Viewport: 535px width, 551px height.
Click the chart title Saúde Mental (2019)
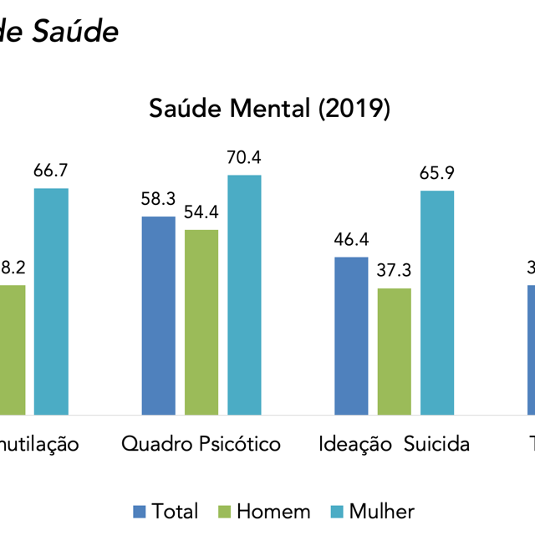pyautogui.click(x=269, y=109)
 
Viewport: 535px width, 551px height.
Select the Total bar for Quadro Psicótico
pyautogui.click(x=159, y=315)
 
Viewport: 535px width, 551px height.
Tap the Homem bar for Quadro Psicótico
pyautogui.click(x=201, y=322)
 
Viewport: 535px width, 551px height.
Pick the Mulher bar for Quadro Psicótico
pyautogui.click(x=244, y=294)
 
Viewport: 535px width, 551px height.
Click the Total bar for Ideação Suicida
pyautogui.click(x=351, y=335)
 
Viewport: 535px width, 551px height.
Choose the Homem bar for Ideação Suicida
pyautogui.click(x=394, y=351)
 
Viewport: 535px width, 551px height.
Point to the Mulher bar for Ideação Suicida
pyautogui.click(x=437, y=303)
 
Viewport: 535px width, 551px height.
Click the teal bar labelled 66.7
pyautogui.click(x=51, y=301)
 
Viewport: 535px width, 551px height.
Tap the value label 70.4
pyautogui.click(x=244, y=157)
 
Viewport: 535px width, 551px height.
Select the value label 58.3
pyautogui.click(x=158, y=199)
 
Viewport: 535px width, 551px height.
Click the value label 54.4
pyautogui.click(x=201, y=212)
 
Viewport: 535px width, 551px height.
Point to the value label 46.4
pyautogui.click(x=351, y=240)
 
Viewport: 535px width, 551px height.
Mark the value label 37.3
pyautogui.click(x=394, y=271)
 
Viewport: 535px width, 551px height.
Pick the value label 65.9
pyautogui.click(x=437, y=174)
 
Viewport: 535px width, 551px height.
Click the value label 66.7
pyautogui.click(x=51, y=171)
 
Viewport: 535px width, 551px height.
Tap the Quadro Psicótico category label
pyautogui.click(x=201, y=443)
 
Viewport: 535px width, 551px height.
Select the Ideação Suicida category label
pyautogui.click(x=394, y=443)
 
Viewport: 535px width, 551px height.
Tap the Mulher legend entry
pyautogui.click(x=373, y=511)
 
